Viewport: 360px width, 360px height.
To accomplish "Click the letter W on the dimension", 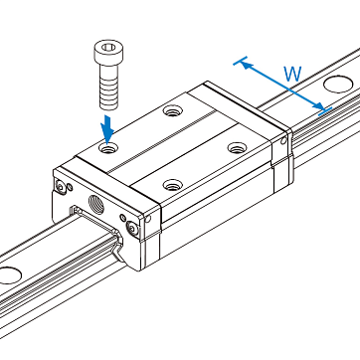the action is point(292,74).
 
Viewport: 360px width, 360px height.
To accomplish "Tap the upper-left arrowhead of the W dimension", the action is point(246,65).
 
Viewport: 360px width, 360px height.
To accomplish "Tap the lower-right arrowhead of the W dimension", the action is point(318,105).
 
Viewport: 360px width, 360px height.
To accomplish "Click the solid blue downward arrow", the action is point(107,128).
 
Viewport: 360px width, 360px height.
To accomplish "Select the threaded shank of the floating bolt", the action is point(108,87).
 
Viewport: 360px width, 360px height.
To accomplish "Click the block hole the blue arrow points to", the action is point(107,148).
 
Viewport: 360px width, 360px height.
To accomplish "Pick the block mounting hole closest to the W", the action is point(238,147).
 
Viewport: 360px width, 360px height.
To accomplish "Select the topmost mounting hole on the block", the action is point(172,110).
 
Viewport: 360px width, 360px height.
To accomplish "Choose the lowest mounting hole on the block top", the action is point(173,184).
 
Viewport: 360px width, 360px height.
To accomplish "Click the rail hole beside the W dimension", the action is point(338,85).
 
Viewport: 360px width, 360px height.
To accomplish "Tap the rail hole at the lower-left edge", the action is point(9,275).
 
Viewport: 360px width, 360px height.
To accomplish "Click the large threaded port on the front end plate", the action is point(96,204).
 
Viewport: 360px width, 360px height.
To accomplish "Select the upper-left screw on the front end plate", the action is point(61,187).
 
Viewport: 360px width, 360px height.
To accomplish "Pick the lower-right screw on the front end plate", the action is point(132,229).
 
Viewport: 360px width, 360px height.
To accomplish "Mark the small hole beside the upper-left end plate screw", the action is point(71,188).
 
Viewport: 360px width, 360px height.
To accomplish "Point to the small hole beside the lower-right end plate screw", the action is point(123,218).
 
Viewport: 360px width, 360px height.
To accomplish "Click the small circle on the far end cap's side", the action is point(283,141).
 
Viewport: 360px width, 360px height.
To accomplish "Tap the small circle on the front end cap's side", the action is point(148,219).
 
